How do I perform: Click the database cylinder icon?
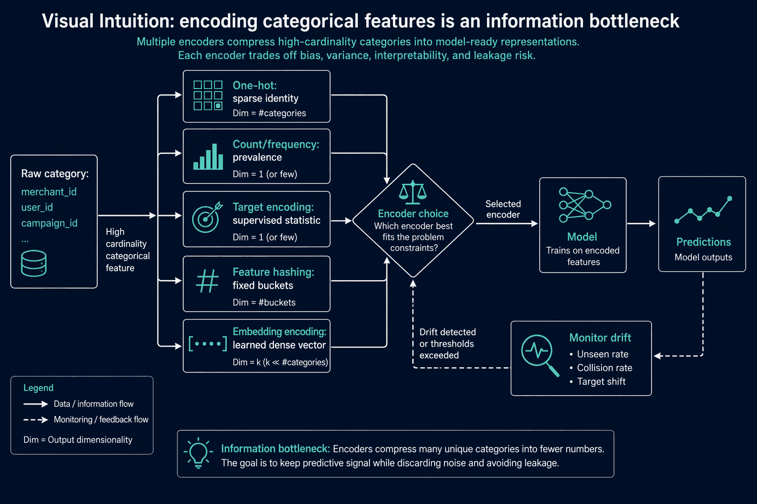(x=34, y=263)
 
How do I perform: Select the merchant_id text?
(x=49, y=192)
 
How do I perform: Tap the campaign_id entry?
(x=49, y=223)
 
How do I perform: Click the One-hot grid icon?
(x=208, y=95)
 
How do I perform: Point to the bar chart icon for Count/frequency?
(x=208, y=157)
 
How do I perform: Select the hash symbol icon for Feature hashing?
(x=207, y=281)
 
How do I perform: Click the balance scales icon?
(x=413, y=192)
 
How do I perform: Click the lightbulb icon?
(x=199, y=453)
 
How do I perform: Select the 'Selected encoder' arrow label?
(x=503, y=209)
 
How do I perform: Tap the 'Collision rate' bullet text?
(x=605, y=368)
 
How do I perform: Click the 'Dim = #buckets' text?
(x=264, y=302)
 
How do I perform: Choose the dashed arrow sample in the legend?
(x=36, y=420)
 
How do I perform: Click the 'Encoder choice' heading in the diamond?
(x=413, y=214)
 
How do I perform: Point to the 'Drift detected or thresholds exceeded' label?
(x=447, y=344)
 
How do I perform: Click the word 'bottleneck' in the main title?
(x=634, y=21)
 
